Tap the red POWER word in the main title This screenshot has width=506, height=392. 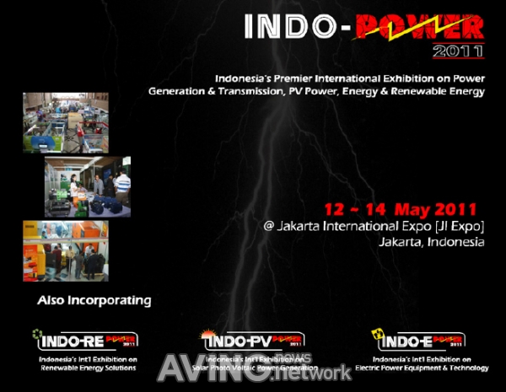pyautogui.click(x=419, y=26)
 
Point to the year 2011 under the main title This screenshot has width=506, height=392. pyautogui.click(x=459, y=51)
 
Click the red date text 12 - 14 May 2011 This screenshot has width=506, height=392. pyautogui.click(x=400, y=208)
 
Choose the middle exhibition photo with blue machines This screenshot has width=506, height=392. pyautogui.click(x=88, y=187)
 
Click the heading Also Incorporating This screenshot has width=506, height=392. pyautogui.click(x=94, y=300)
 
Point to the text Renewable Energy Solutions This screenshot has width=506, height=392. pyautogui.click(x=83, y=368)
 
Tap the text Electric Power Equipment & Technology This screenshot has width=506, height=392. pyautogui.click(x=422, y=368)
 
